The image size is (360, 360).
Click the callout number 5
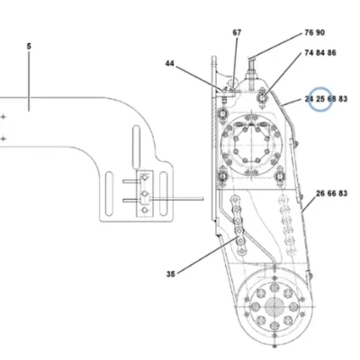[29, 46]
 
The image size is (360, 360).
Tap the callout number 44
[169, 64]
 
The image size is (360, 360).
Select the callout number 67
[237, 32]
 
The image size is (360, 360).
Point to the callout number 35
[171, 274]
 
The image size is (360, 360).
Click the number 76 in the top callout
[309, 32]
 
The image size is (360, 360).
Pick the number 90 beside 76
[320, 32]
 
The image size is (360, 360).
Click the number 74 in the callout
[309, 53]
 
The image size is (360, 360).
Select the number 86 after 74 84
[332, 53]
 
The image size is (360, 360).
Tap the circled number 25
[320, 99]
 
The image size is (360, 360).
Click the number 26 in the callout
[320, 193]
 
